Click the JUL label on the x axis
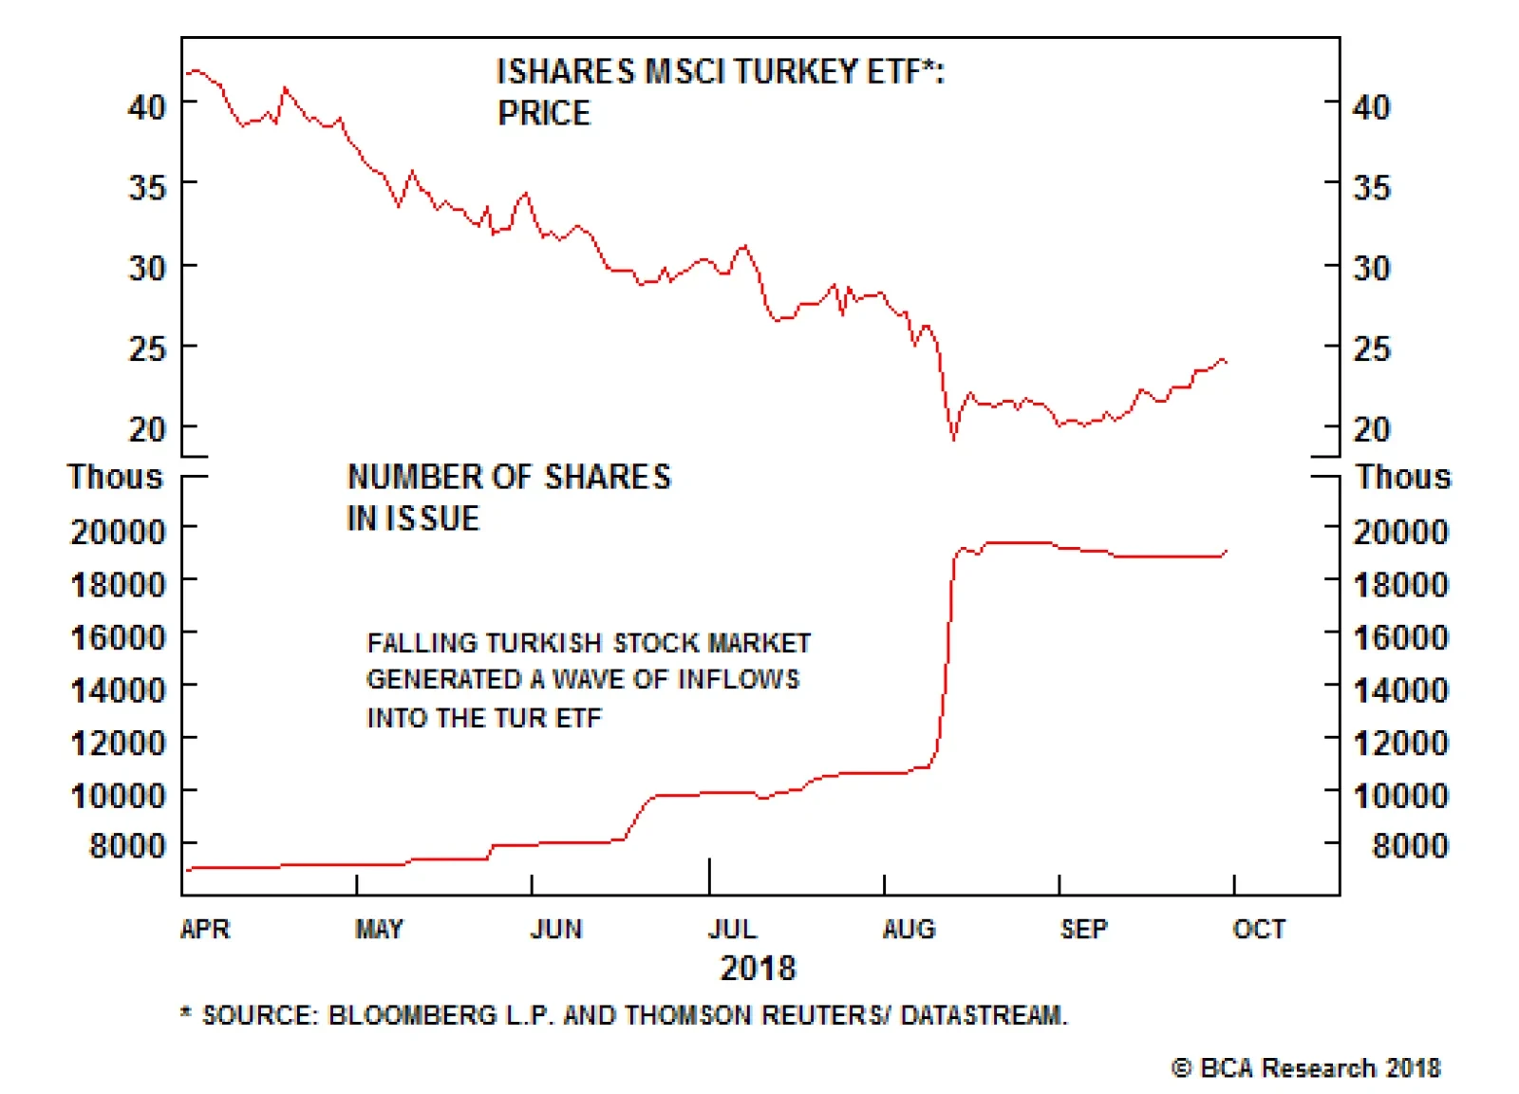732,928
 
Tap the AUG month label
909,928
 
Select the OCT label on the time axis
1259,928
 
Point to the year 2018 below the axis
758,968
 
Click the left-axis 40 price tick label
147,106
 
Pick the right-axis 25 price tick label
1372,349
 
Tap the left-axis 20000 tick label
118,532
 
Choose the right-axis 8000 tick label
1410,845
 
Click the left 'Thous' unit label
115,477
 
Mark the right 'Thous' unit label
1403,477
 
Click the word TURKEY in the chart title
796,72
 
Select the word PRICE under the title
544,114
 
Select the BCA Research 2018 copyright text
1306,1068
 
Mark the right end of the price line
1226,362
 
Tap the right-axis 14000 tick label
1400,689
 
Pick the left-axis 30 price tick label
147,268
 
